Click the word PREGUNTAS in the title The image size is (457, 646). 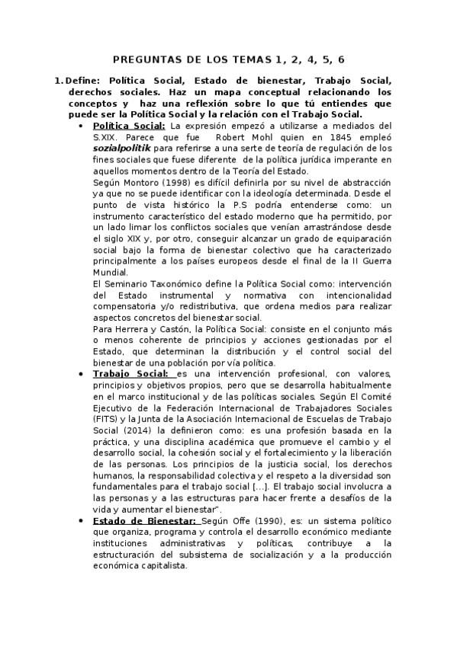(x=141, y=59)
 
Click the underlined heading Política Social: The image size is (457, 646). (x=128, y=126)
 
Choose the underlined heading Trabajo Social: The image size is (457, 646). (x=132, y=374)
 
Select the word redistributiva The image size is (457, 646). (x=205, y=307)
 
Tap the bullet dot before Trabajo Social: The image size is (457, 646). (x=82, y=374)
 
